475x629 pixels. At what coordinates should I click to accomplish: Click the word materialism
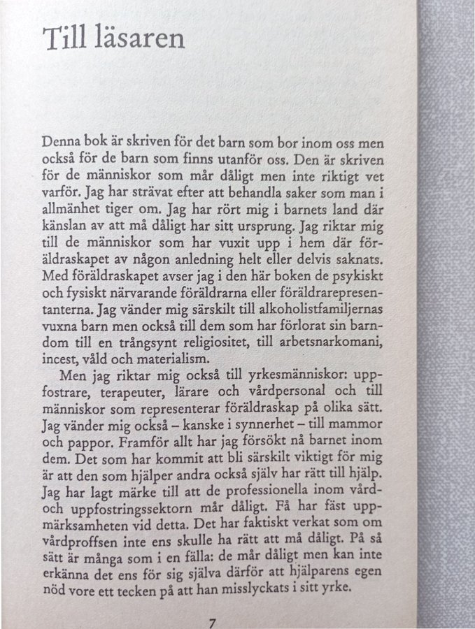174,359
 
